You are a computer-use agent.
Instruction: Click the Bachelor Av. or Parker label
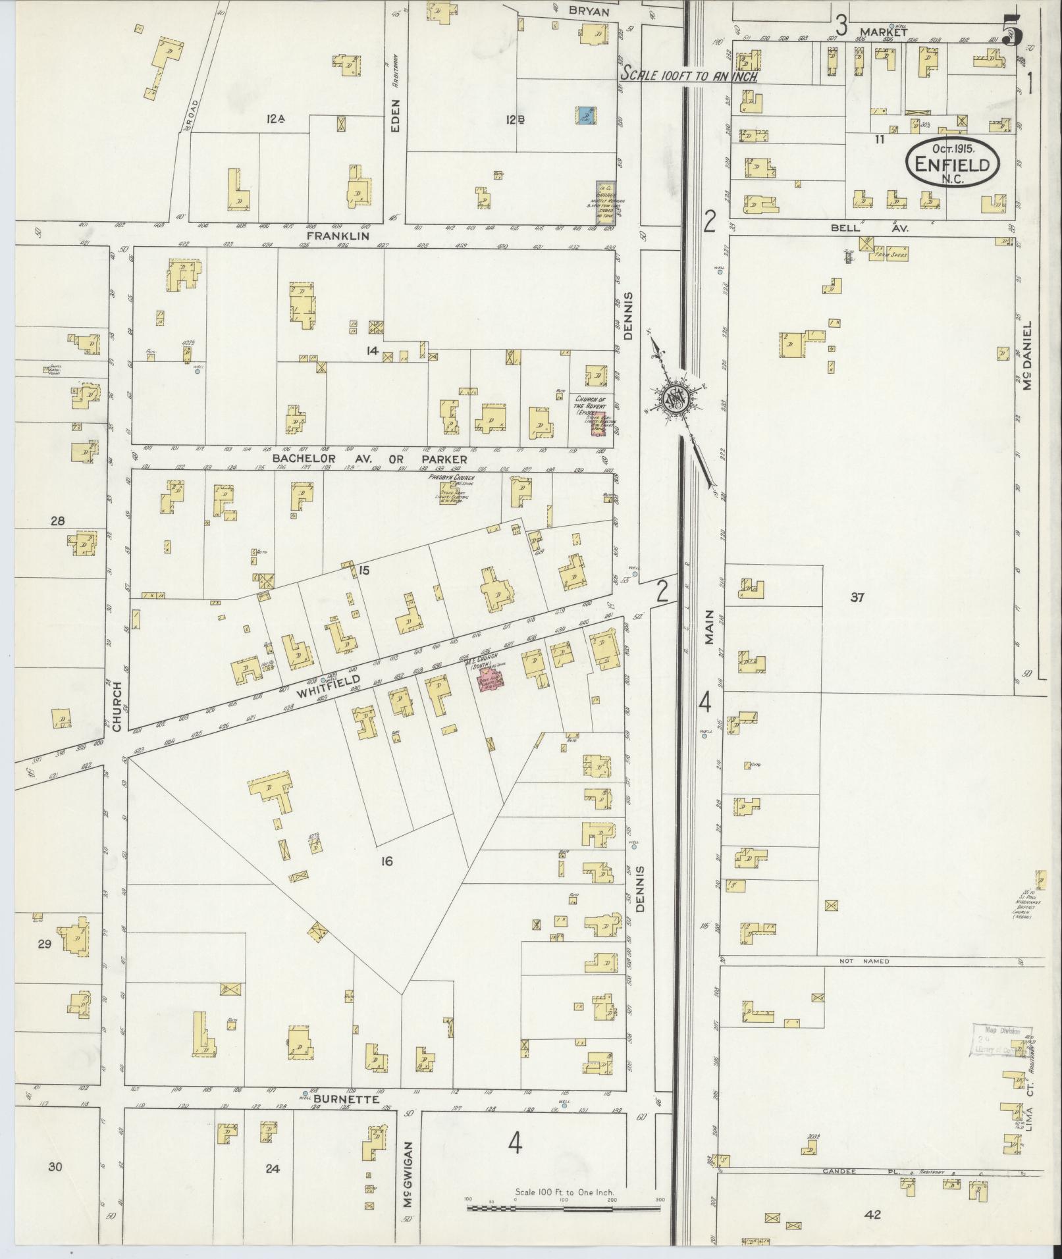[370, 459]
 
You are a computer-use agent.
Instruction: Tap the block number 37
[857, 598]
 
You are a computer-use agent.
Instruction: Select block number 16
[386, 860]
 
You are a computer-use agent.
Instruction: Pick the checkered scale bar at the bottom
[563, 1208]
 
